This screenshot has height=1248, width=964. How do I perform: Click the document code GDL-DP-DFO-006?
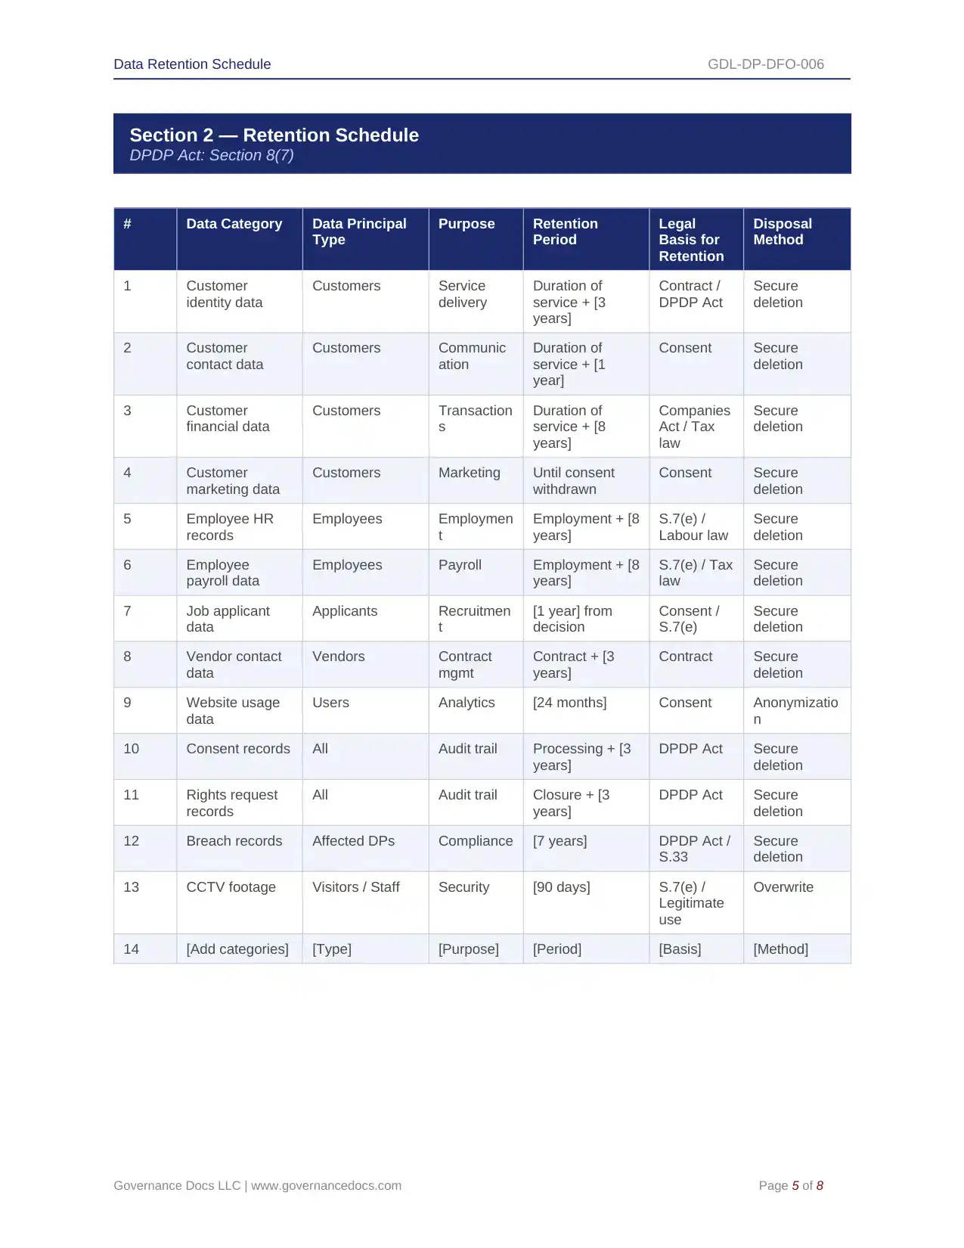point(765,64)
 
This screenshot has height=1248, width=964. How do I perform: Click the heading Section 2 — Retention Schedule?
point(274,135)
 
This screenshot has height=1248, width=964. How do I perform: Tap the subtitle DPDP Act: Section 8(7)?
point(212,156)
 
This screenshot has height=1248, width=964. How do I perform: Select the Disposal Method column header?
point(782,232)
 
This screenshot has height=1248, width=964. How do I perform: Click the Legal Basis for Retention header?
point(691,240)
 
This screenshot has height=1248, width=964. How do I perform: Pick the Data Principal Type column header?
point(359,232)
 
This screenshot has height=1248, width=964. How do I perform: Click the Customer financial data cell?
point(228,418)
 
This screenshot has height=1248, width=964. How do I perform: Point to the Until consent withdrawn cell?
point(573,481)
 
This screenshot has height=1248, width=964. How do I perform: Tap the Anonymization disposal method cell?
point(795,711)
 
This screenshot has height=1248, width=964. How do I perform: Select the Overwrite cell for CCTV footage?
point(783,887)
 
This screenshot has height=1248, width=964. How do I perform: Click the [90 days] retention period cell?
point(561,887)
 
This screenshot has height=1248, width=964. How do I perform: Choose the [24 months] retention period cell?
point(569,703)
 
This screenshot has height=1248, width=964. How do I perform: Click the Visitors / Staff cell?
point(355,887)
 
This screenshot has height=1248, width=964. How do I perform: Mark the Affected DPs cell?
point(353,841)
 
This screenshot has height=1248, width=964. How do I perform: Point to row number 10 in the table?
point(131,749)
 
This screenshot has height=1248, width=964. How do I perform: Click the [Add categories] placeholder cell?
point(237,949)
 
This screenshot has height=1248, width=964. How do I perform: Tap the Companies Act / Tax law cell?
point(694,427)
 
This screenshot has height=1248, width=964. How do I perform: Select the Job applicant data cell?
point(228,619)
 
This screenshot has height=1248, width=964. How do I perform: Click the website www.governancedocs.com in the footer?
point(326,1186)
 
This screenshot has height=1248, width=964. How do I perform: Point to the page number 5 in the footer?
point(795,1186)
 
